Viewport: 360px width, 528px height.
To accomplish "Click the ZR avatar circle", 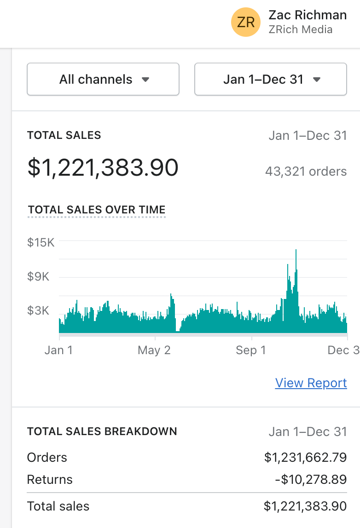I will [x=246, y=22].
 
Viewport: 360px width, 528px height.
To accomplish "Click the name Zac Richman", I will [x=308, y=15].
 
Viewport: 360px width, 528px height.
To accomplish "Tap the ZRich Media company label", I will [x=300, y=30].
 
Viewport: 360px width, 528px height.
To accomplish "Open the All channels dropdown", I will [x=103, y=79].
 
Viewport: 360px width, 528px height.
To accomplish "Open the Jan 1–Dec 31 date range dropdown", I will [x=271, y=79].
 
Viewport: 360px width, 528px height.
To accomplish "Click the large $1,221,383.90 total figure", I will [x=103, y=167].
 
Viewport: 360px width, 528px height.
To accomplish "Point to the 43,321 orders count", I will [x=306, y=172].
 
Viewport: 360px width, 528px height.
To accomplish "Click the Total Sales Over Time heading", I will [x=97, y=210].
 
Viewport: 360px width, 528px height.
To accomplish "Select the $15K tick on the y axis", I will [x=41, y=242].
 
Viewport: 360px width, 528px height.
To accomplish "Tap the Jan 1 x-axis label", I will [x=58, y=350].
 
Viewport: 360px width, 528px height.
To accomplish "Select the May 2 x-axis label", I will [x=154, y=350].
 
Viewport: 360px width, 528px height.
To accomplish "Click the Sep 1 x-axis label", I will [x=251, y=350].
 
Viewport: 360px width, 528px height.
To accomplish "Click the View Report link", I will [x=311, y=383].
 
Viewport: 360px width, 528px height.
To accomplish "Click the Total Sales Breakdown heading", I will [x=102, y=431].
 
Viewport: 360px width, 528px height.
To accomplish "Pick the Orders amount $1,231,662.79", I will [x=305, y=458].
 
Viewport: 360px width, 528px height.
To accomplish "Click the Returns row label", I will [x=50, y=480].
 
